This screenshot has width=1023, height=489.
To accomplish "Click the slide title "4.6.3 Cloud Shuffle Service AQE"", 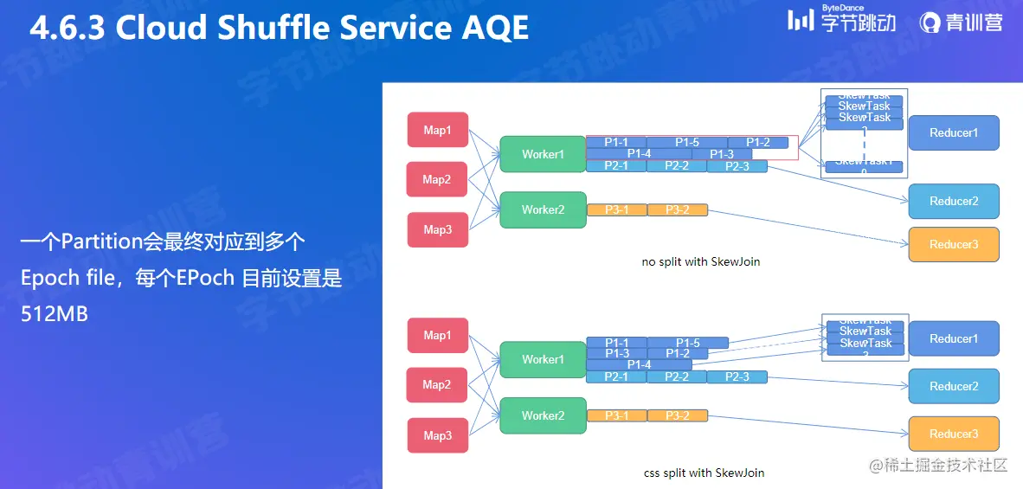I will (x=279, y=29).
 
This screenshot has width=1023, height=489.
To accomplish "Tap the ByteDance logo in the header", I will (x=841, y=21).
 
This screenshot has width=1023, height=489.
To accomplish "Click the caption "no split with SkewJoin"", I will (x=700, y=261).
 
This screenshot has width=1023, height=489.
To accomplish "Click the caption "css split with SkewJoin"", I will (x=703, y=473).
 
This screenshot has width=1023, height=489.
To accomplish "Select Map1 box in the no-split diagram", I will (x=438, y=130).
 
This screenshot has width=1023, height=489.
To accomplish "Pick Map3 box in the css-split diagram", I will (x=438, y=435).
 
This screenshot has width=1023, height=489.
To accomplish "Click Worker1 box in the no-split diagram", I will (x=543, y=155).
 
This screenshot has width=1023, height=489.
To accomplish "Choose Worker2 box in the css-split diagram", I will (x=543, y=415).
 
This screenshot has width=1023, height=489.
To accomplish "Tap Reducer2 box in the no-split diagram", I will (x=954, y=201).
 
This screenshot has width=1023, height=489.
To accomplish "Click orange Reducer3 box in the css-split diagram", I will (x=954, y=434).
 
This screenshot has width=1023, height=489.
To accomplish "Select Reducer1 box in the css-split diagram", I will (x=954, y=338).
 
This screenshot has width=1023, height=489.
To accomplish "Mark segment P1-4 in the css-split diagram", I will (x=639, y=364).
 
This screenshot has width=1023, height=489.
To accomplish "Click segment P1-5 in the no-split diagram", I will (x=687, y=142).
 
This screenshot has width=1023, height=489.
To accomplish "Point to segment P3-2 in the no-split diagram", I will (x=677, y=209).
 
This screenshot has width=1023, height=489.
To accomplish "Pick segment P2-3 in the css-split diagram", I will (x=737, y=376).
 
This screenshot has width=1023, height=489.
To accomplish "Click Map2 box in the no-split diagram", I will (x=437, y=179).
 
